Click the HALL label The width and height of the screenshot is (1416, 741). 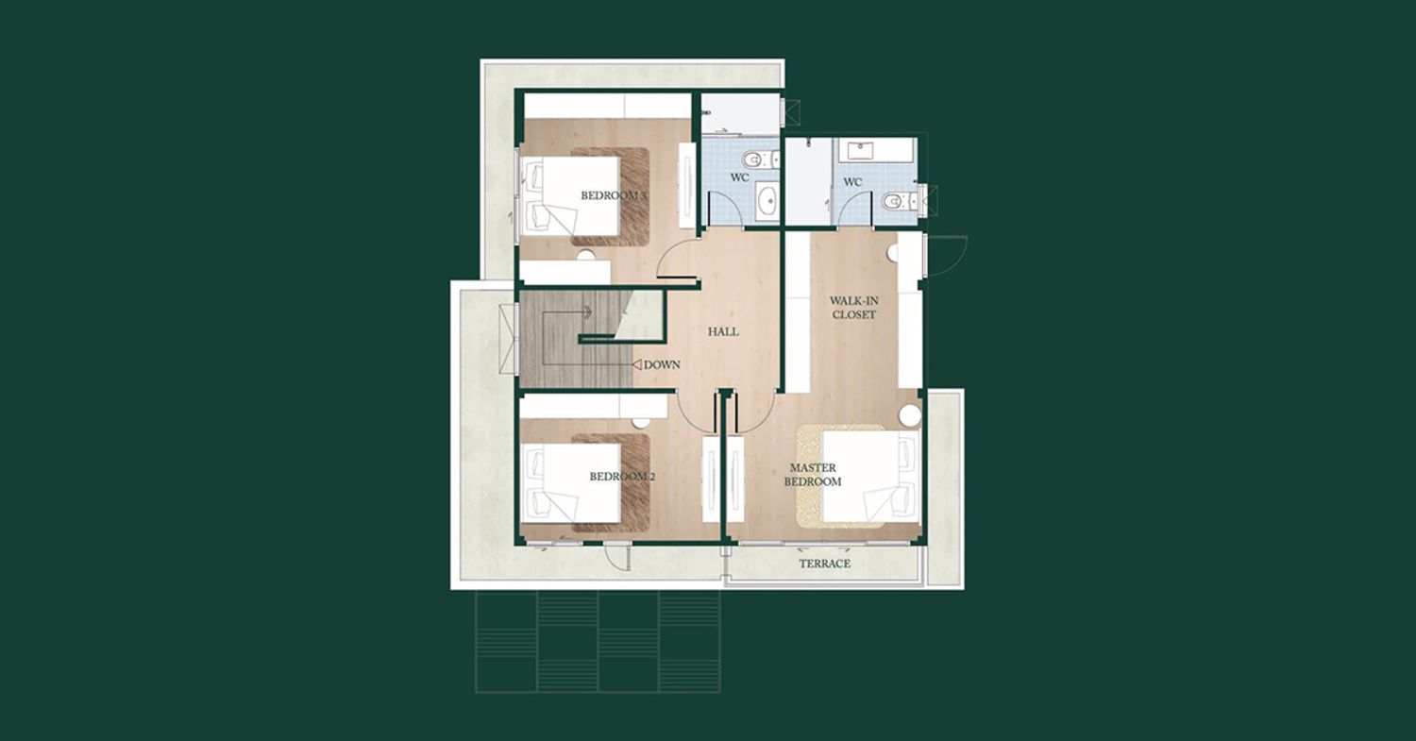(x=723, y=331)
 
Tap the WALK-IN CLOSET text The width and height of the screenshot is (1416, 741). (x=854, y=308)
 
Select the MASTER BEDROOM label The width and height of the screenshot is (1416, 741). (x=813, y=475)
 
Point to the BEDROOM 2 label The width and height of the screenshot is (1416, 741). (x=622, y=476)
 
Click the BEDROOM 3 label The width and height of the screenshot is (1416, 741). (x=614, y=195)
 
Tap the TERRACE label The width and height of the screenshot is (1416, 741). (x=825, y=564)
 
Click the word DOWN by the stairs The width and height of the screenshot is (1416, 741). (x=662, y=364)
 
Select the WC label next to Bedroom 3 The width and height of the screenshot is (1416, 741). (x=739, y=177)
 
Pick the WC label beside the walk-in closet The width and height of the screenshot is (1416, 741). (x=852, y=182)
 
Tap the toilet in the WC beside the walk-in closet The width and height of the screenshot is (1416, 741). (x=899, y=201)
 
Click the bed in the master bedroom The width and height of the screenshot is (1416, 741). (x=869, y=477)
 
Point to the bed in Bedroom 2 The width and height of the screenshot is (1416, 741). (x=569, y=482)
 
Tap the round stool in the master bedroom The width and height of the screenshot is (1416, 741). (x=910, y=416)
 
